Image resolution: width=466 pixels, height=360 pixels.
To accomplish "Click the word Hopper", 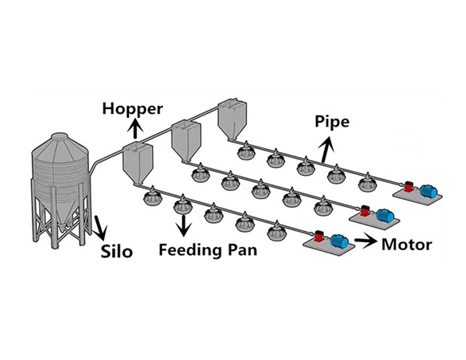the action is coord(132,110).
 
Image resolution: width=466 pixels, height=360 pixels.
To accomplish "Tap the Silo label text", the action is coord(116,251).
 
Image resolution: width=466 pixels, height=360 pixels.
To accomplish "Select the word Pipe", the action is coord(332,123).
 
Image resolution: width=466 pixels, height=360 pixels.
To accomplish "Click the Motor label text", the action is coord(407,245).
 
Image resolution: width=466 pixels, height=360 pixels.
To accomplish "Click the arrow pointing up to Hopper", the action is coord(136,128).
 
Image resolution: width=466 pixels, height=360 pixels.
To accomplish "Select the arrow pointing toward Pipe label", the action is coord(326,150).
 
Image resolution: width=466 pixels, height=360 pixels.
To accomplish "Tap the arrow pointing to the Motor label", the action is coord(365,241).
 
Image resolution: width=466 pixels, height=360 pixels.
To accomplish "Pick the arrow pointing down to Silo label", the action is coord(100,228).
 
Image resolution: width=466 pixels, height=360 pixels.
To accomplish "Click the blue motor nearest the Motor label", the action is coord(339,241).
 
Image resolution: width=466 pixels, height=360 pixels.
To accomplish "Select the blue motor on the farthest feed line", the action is coord(428,191).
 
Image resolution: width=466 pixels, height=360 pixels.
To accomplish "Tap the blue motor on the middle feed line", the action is coord(384,216).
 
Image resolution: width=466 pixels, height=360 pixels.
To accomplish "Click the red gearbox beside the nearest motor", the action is coord(319,237).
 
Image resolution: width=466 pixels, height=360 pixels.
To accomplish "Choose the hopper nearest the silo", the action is coord(138,163).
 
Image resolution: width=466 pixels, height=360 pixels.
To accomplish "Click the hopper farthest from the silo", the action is coord(232,119).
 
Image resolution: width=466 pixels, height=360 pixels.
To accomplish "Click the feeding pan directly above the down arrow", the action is coord(183,204).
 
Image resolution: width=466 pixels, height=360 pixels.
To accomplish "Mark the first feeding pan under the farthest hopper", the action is coord(246,152).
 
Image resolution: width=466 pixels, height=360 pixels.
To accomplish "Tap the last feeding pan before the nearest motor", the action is coord(277,231).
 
